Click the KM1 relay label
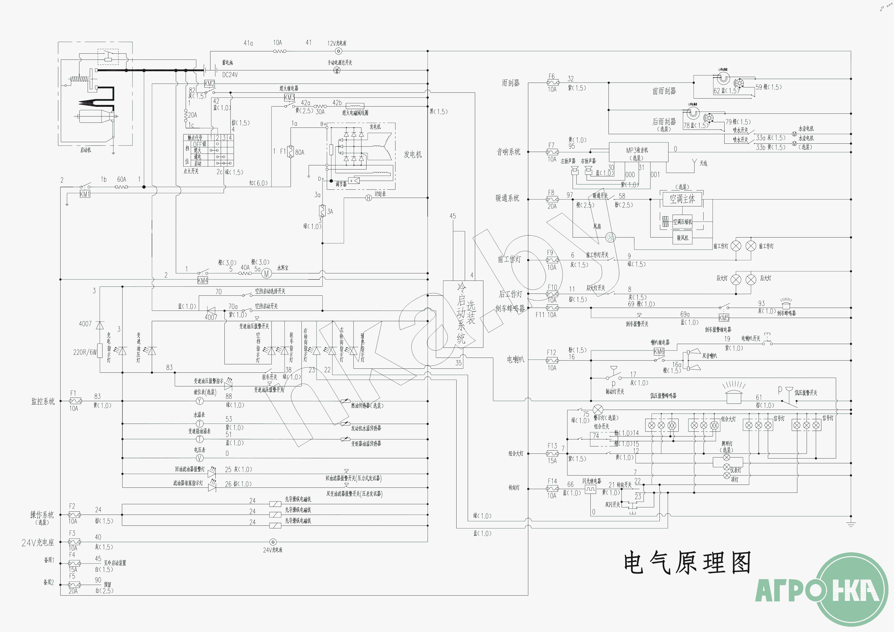coord(84,194)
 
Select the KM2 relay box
coord(210,83)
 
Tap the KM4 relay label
coord(202,280)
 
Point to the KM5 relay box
coord(723,318)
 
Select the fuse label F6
coord(551,76)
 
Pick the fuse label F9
coord(550,252)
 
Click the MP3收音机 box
coord(638,152)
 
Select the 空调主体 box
coord(682,199)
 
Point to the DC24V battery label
coord(230,75)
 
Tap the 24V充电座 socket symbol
coord(273,542)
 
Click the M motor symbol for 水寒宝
coord(266,274)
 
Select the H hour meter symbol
coord(368,198)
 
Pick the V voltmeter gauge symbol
coord(199,458)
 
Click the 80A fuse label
coord(299,152)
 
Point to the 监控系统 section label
coord(43,401)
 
